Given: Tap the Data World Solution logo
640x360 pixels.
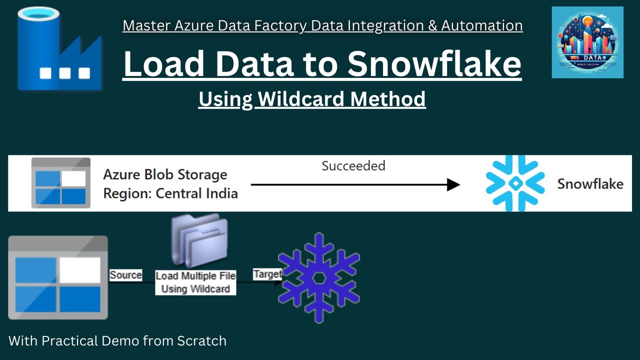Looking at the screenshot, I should [587, 42].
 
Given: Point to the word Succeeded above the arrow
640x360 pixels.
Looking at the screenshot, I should [353, 166].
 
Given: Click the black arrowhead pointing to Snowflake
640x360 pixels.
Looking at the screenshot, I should [453, 184].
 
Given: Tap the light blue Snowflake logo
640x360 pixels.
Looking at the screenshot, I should [515, 183].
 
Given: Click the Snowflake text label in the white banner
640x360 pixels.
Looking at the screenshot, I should [590, 184].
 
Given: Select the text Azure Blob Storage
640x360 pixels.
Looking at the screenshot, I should [165, 175].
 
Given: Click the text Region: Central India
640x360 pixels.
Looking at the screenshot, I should [170, 193].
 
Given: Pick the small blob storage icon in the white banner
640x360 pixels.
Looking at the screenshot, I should [61, 183].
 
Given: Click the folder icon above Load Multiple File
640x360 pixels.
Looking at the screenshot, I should [199, 241].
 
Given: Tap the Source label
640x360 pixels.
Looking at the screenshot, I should [125, 275].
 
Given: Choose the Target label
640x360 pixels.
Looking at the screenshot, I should [267, 274].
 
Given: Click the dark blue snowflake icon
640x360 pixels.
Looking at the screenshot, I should [319, 277].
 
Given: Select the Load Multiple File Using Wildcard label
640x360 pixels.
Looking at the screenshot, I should [195, 282].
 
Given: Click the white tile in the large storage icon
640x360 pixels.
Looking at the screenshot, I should [80, 270].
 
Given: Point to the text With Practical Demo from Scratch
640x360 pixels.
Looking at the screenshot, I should [117, 341].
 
